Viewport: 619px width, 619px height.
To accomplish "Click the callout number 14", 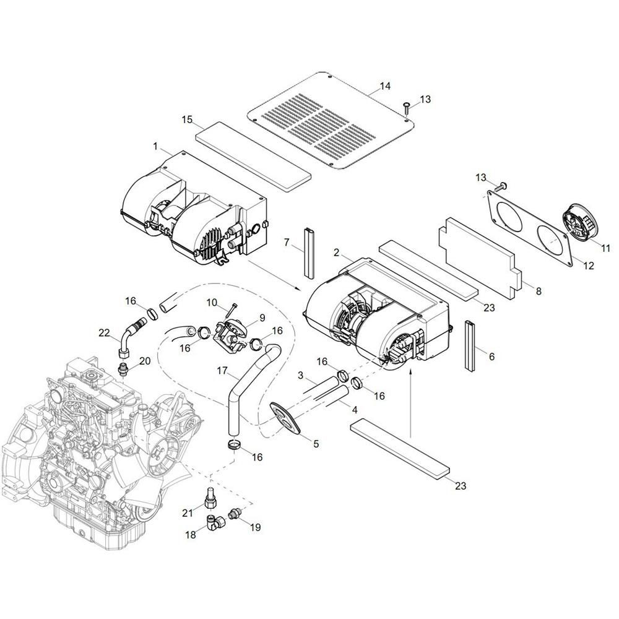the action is [384, 85].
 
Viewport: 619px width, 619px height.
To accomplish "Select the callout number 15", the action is [187, 119].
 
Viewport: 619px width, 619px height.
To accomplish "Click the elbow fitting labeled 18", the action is [215, 522].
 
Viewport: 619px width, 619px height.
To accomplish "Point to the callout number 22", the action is [104, 333].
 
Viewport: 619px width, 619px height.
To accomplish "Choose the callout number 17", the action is [223, 371].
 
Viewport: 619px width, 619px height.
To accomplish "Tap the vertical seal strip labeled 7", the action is [308, 253].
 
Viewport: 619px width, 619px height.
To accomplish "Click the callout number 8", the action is [539, 292].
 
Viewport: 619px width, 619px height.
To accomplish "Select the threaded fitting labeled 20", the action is [124, 369].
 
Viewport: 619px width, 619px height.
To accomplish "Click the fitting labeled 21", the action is [210, 498].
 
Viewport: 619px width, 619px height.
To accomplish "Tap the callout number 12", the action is [588, 266].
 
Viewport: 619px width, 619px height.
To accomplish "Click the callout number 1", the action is [155, 147].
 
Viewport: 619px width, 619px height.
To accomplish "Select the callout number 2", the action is [336, 253].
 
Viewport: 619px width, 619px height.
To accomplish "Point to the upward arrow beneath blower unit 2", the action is [410, 404].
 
